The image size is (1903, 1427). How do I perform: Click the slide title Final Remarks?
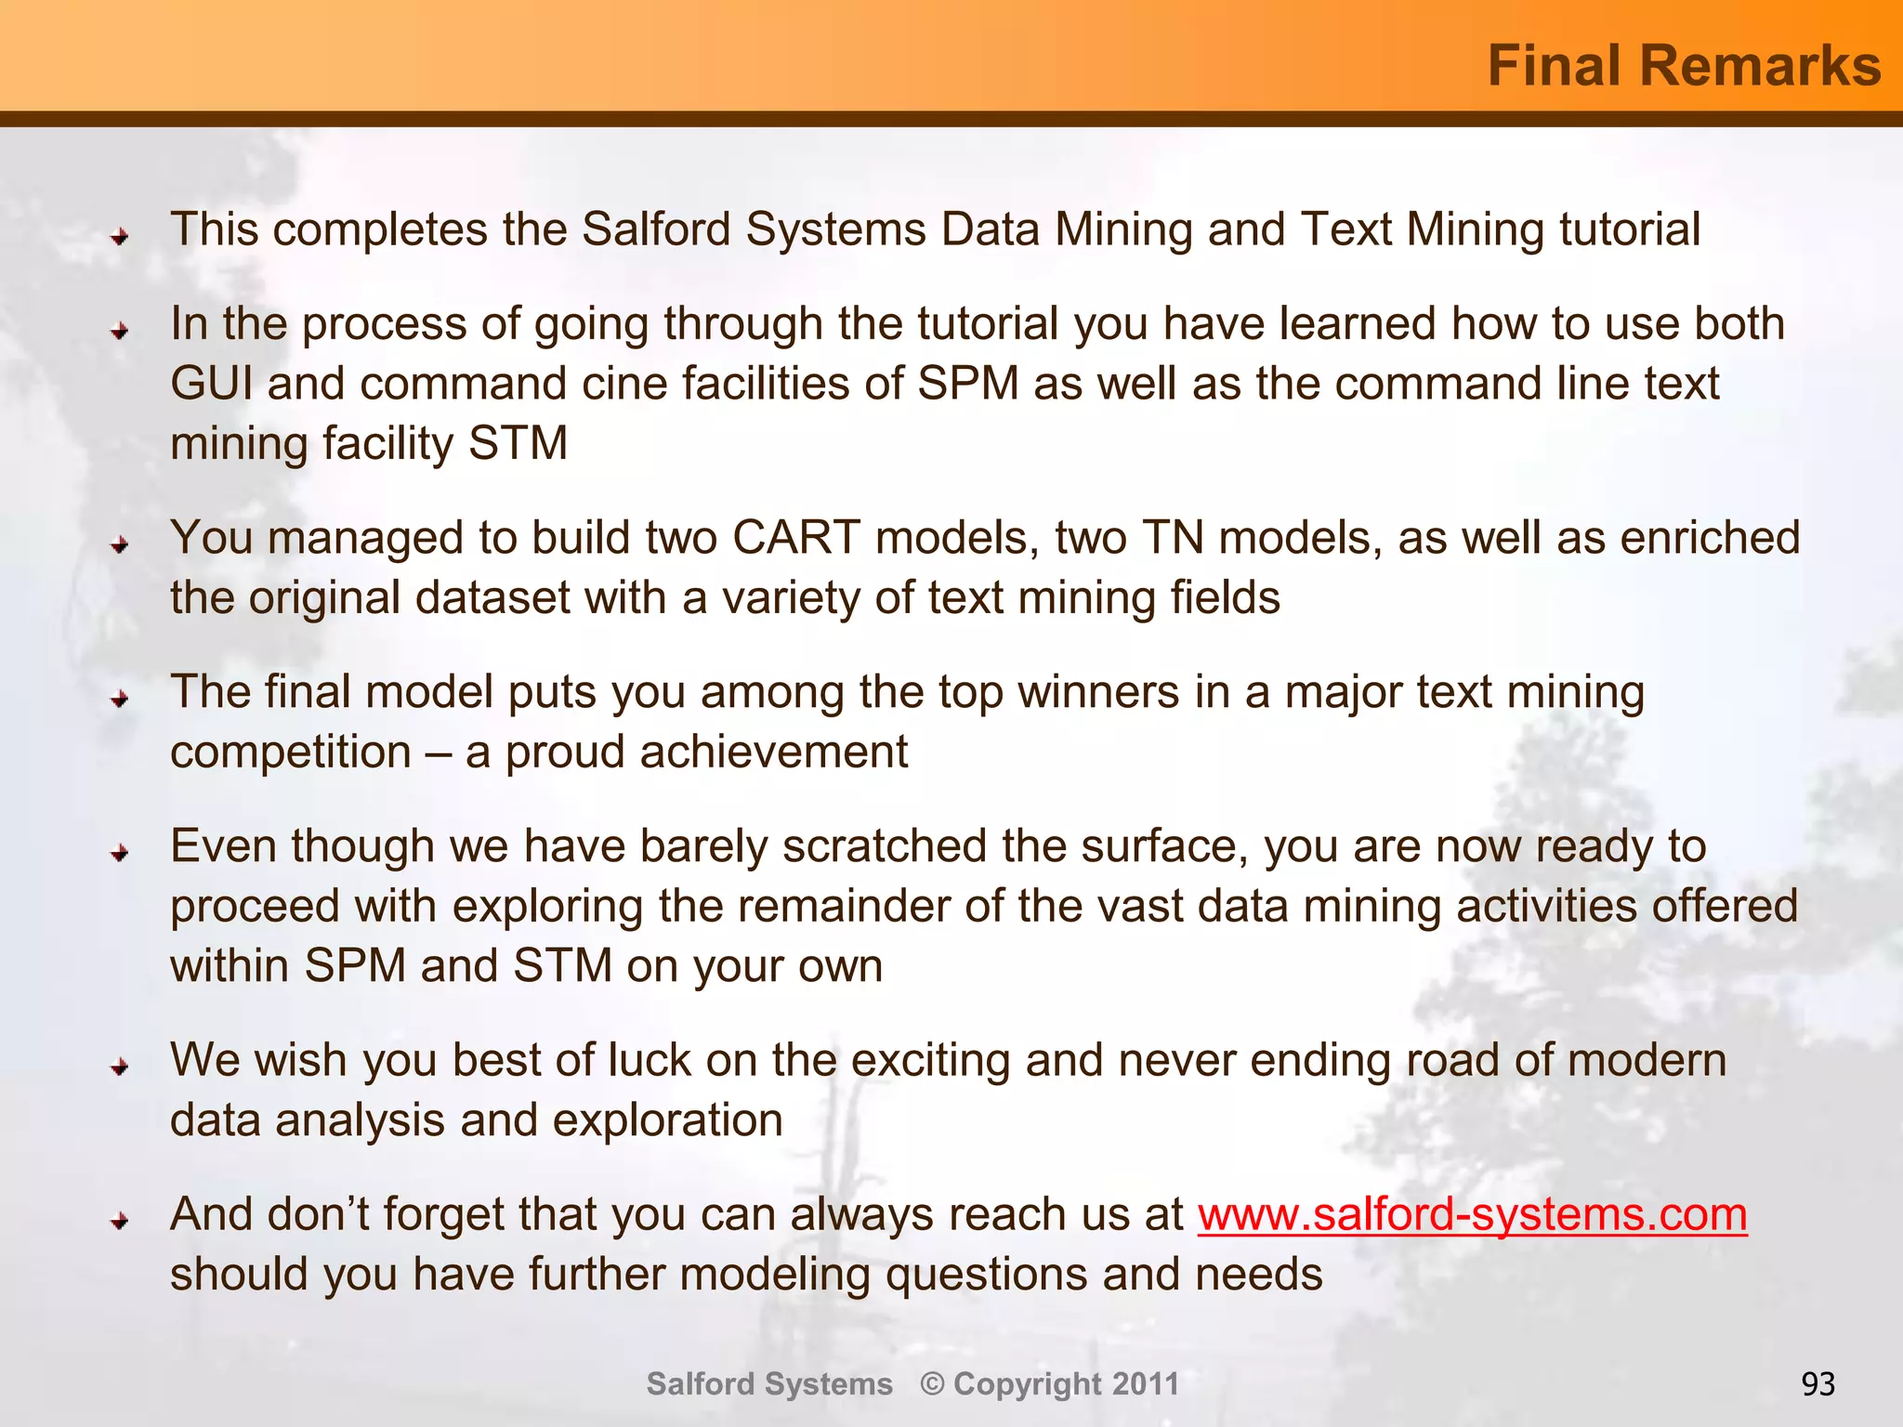[x=1684, y=66]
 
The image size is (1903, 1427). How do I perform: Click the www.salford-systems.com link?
[x=1472, y=1214]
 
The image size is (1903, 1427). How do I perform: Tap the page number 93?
[x=1818, y=1384]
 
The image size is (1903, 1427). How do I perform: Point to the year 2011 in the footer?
[x=1145, y=1384]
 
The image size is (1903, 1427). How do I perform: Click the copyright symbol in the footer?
[x=932, y=1384]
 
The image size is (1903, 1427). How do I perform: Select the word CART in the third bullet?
[x=795, y=538]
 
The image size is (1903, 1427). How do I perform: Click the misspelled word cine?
[x=624, y=384]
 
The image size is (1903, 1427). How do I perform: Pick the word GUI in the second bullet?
[x=211, y=384]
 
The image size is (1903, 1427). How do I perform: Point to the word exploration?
[x=667, y=1120]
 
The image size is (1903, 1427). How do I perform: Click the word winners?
[x=1099, y=692]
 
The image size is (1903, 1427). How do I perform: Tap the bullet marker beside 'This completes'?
[x=119, y=237]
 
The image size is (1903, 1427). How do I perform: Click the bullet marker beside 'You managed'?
[x=119, y=545]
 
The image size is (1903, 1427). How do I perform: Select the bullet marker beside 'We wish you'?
[x=119, y=1067]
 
